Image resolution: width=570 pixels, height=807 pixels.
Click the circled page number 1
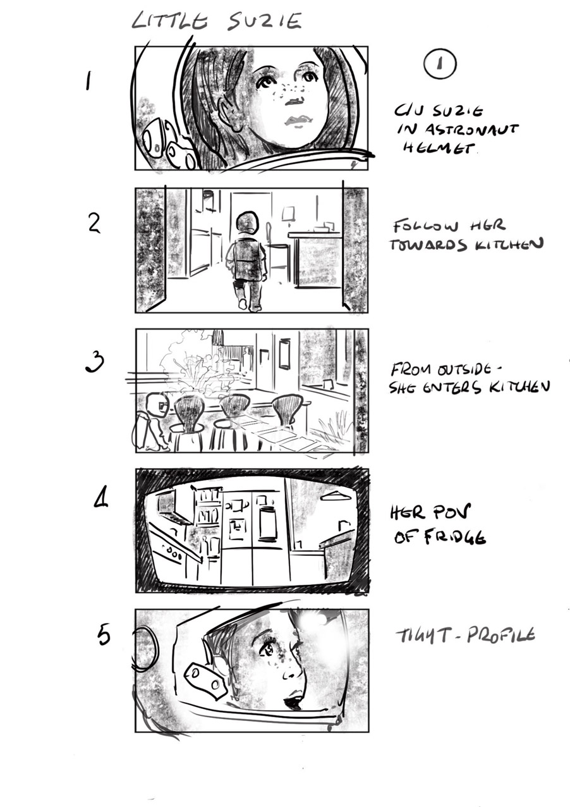click(x=440, y=64)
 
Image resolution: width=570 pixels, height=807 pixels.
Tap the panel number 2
click(x=94, y=224)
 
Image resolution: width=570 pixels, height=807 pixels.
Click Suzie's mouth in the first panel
click(x=294, y=120)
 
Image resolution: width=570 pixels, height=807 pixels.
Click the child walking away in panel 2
click(x=246, y=259)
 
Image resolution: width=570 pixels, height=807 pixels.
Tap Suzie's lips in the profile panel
click(x=294, y=701)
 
